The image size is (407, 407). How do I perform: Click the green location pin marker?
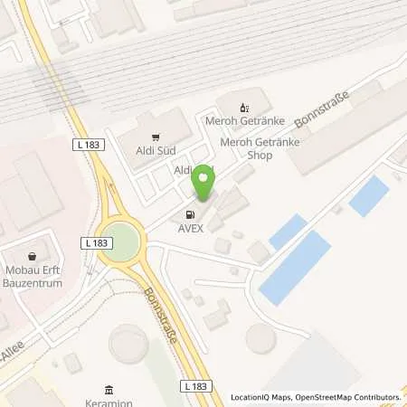[x=205, y=184]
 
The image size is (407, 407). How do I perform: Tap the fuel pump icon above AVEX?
[x=190, y=215]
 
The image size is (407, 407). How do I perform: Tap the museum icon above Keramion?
[x=109, y=390]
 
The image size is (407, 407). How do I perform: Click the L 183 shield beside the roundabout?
[x=94, y=242]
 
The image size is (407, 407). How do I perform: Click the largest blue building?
[x=295, y=266]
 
